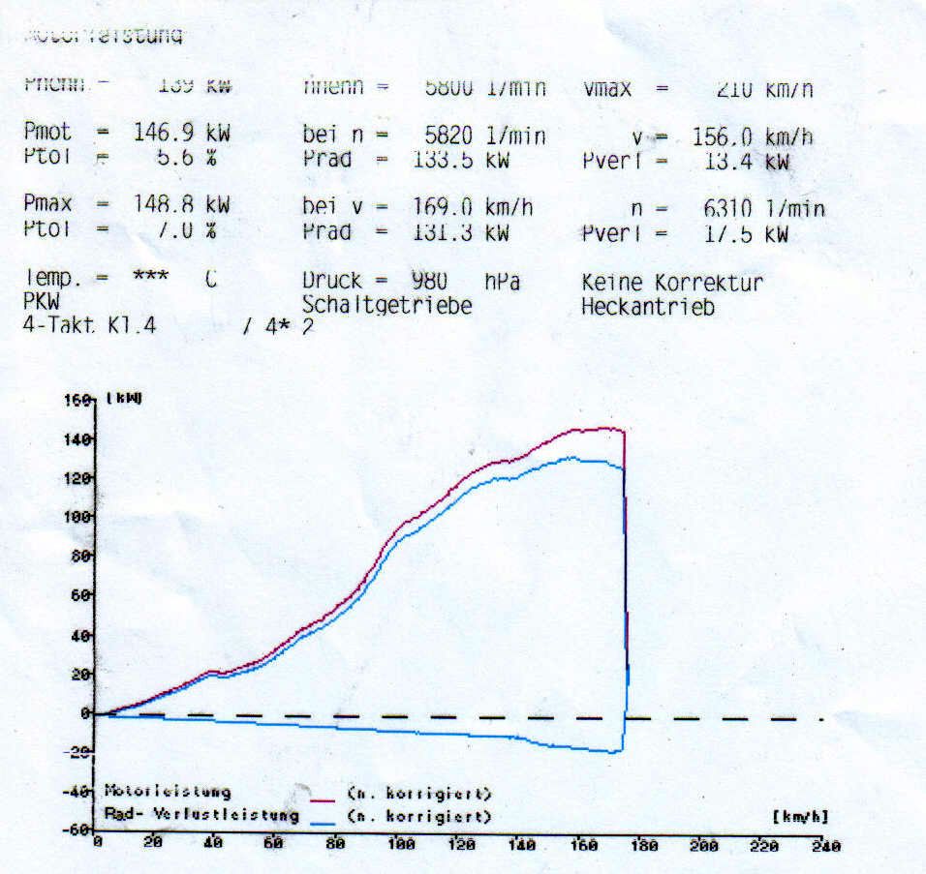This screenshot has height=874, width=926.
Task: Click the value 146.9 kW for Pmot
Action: (x=181, y=134)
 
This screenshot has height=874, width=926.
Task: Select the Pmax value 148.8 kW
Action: (x=181, y=205)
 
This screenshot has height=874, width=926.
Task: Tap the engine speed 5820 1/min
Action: (x=485, y=136)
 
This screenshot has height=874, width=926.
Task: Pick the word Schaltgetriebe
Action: (x=387, y=306)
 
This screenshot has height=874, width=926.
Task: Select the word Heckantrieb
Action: (x=648, y=308)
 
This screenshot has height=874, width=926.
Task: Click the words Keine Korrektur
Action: (x=672, y=284)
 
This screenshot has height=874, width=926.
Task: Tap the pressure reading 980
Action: (x=429, y=282)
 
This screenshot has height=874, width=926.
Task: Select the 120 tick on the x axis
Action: (x=462, y=844)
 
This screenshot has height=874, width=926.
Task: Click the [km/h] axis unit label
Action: (x=800, y=816)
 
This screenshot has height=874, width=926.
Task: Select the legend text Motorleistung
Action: (x=167, y=793)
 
